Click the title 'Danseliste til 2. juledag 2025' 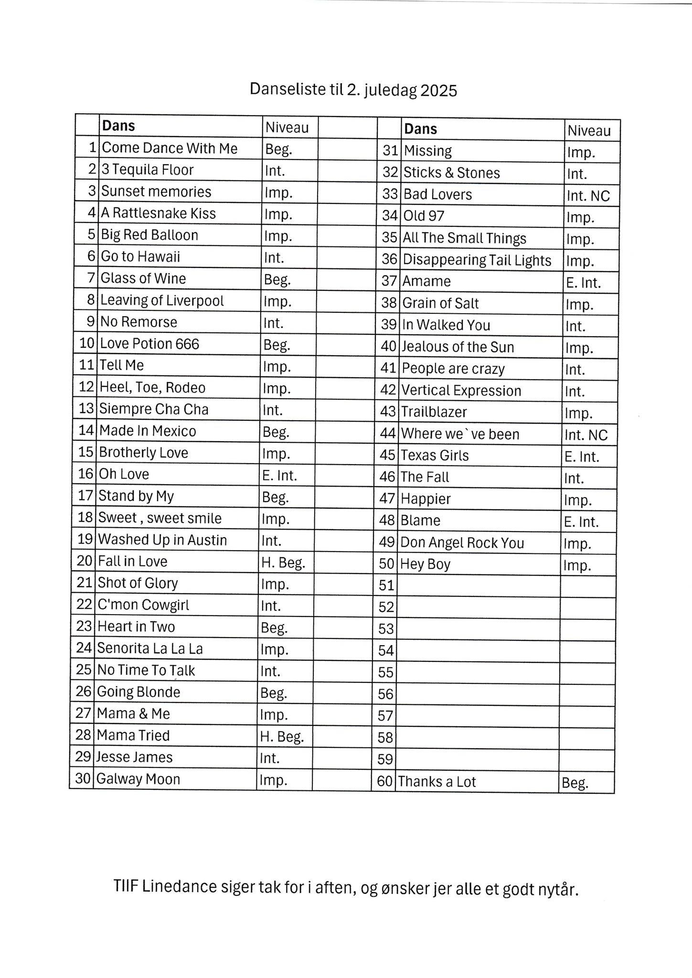[x=353, y=90]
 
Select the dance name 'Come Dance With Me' [x=170, y=148]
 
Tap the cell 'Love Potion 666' [x=149, y=344]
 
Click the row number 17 [x=85, y=496]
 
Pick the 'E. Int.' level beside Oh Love [x=279, y=475]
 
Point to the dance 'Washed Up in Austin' [x=162, y=540]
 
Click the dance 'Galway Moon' [x=138, y=779]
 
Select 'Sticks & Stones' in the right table [x=452, y=172]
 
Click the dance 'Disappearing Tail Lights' [x=477, y=260]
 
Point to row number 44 [x=388, y=434]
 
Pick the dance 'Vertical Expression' [x=461, y=391]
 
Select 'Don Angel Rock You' [x=462, y=543]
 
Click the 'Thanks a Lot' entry [x=437, y=782]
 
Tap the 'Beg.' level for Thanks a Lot [x=575, y=783]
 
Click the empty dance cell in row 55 [x=478, y=673]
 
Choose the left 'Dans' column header [x=119, y=126]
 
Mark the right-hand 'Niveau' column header [x=589, y=131]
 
